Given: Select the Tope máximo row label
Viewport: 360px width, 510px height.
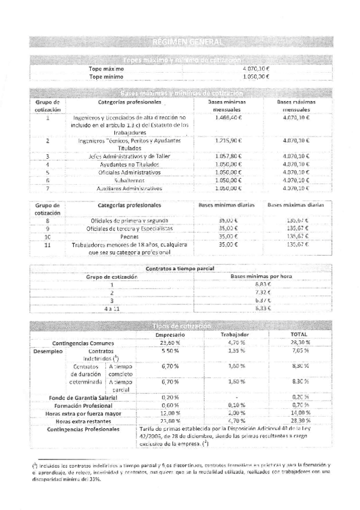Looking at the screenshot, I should coord(106,69).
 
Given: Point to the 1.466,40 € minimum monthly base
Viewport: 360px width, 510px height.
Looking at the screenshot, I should coord(228,118).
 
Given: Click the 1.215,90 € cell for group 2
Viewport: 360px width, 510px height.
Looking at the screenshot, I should coord(228,141).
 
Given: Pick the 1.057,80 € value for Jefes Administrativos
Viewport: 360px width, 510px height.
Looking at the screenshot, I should coord(228,156).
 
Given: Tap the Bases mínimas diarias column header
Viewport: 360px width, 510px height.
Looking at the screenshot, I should coord(227,205).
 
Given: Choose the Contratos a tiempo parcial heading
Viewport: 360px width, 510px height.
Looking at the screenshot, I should coord(180,268).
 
